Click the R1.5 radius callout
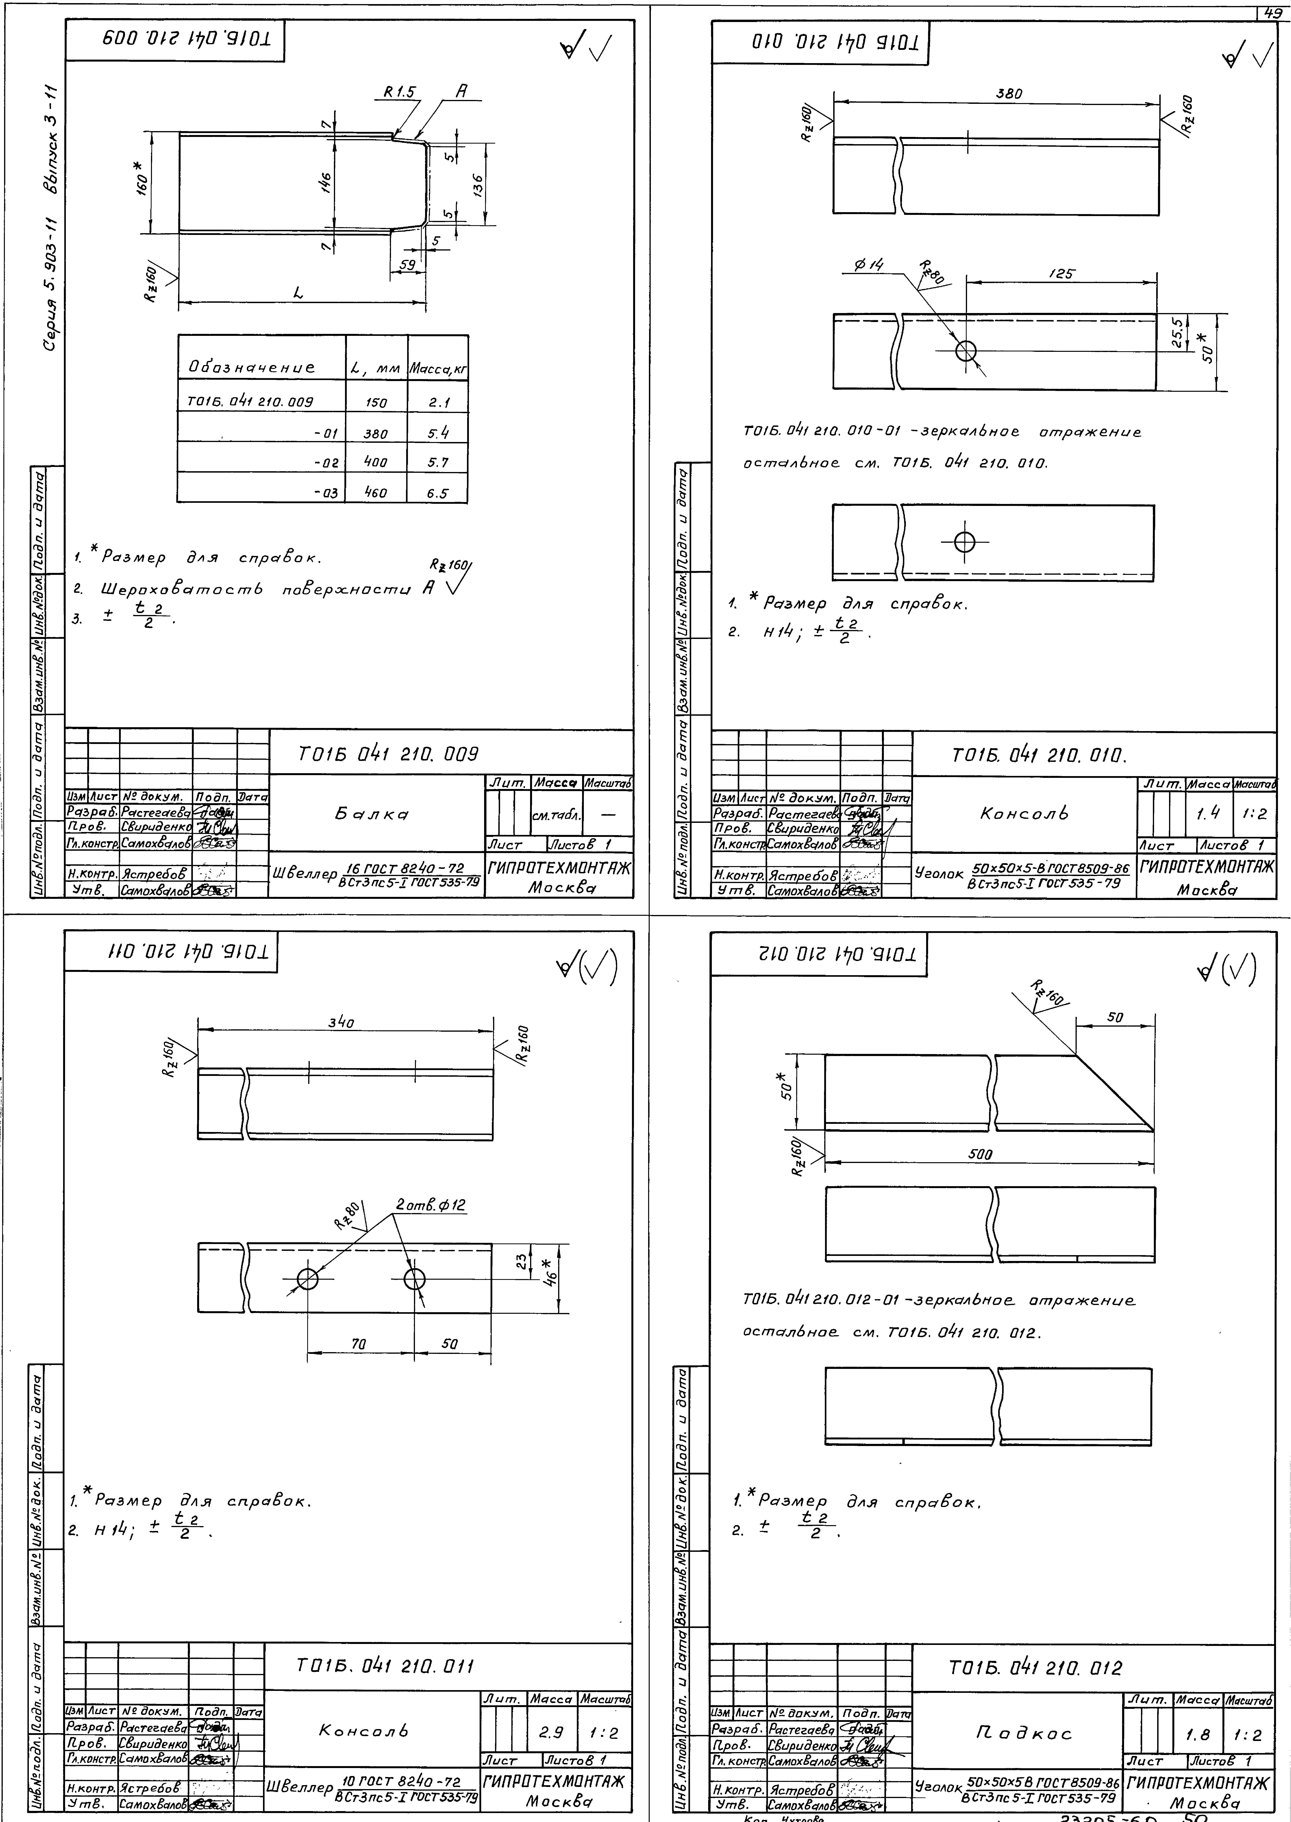point(399,92)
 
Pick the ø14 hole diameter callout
point(869,266)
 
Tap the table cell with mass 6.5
point(437,493)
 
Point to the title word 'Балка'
point(372,814)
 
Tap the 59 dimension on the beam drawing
point(407,265)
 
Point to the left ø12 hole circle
point(307,1279)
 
